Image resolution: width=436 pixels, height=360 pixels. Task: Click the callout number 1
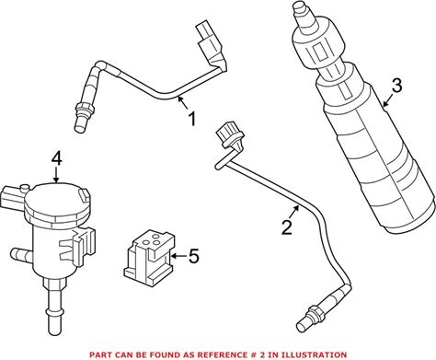point(192,119)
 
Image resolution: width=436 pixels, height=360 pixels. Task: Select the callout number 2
point(287,227)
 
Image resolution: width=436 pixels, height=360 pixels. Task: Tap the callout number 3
point(396,86)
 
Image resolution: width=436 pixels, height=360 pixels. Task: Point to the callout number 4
point(56,159)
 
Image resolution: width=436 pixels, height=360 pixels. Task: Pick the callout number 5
point(194,256)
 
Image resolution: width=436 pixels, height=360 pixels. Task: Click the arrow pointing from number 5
point(178,256)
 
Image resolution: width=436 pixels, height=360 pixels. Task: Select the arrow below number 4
point(56,176)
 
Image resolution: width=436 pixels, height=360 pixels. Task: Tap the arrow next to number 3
point(387,100)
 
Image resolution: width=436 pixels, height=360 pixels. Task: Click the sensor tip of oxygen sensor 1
point(79,125)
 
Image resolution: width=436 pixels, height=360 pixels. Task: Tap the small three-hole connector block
point(150,255)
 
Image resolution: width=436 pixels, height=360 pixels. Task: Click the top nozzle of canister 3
point(301,16)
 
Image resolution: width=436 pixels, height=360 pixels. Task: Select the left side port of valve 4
point(21,255)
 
